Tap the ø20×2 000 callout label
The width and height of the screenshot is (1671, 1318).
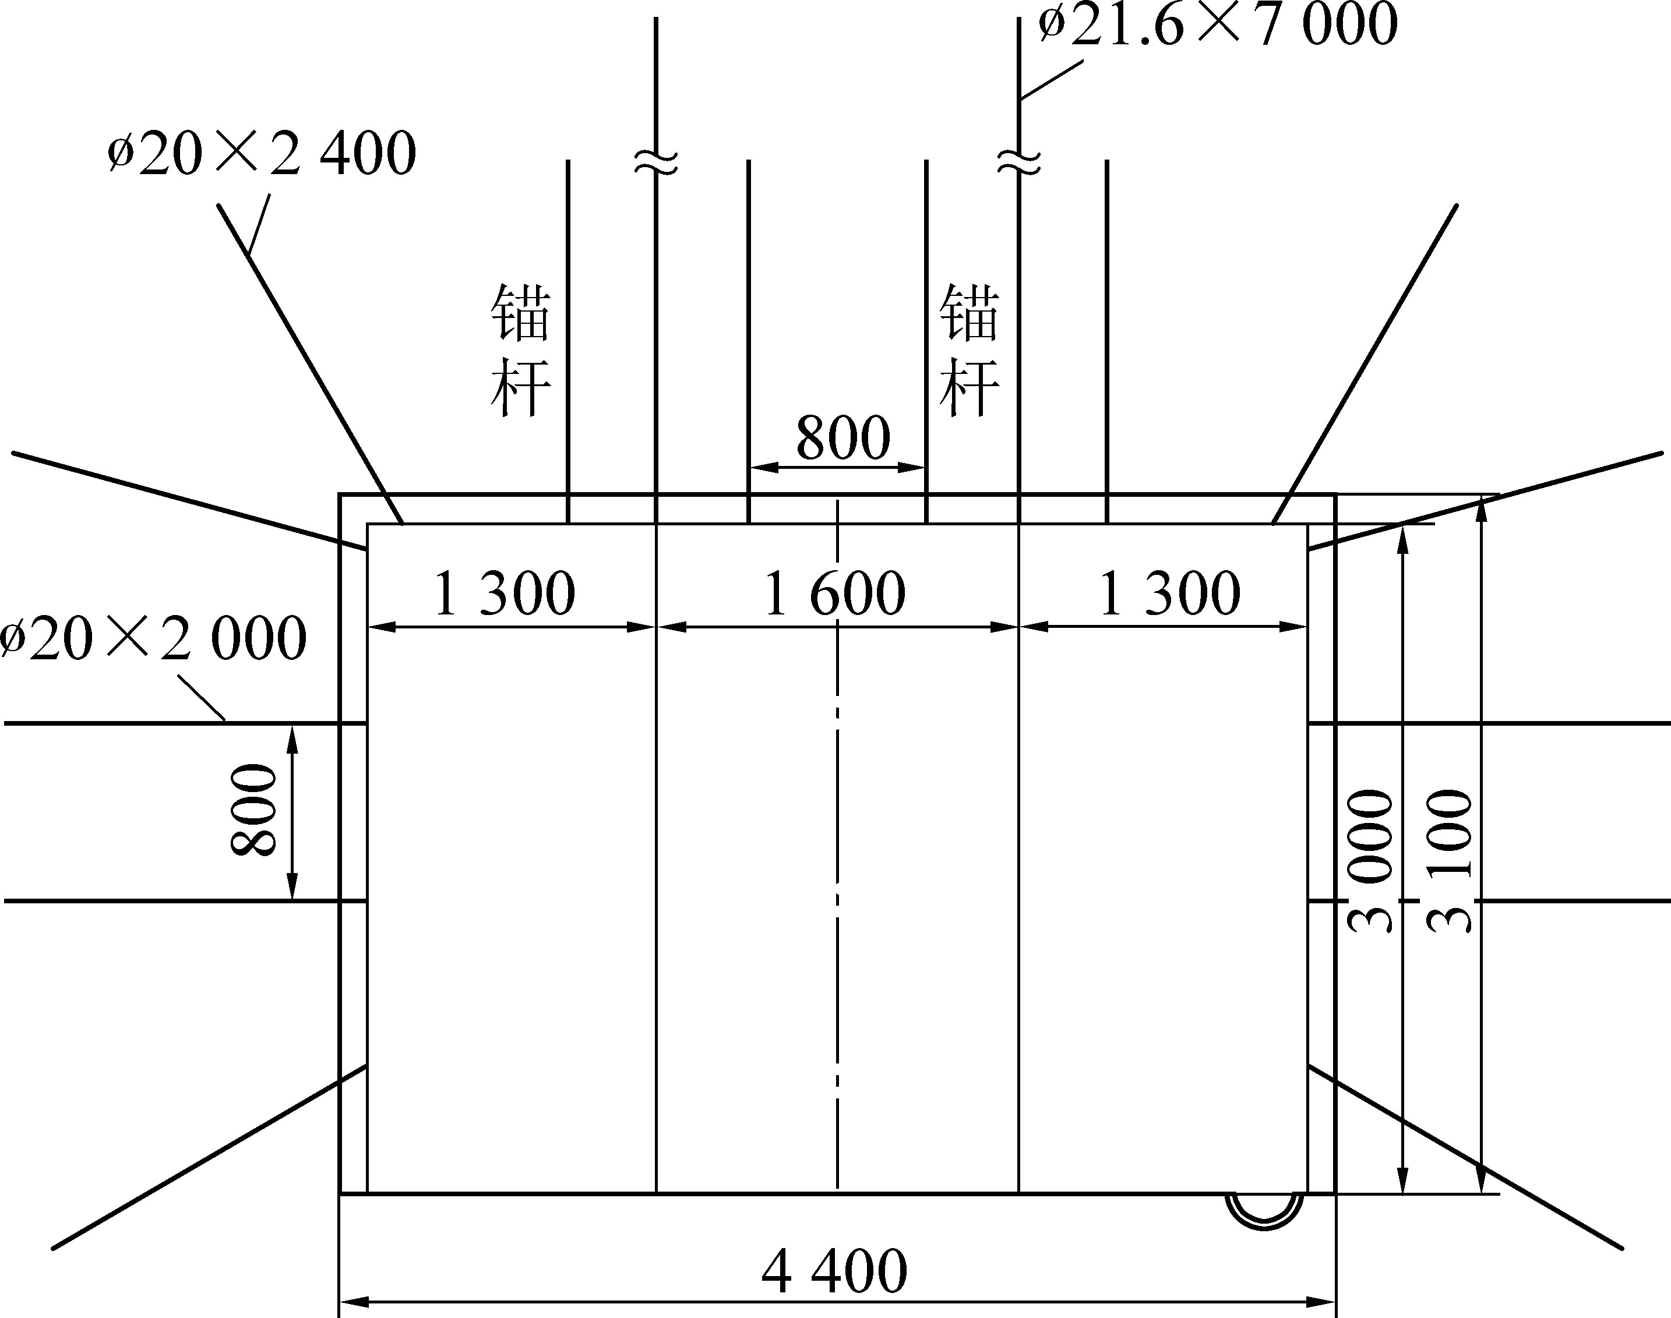coord(153,639)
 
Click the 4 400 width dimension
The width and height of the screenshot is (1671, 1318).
coord(834,1271)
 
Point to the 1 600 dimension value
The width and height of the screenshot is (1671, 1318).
coord(834,593)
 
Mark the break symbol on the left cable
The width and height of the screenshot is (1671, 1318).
coord(656,161)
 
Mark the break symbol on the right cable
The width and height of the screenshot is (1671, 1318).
coord(1019,161)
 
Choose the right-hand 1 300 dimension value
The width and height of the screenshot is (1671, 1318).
coord(1169,593)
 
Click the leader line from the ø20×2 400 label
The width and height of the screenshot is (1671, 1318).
coord(259,224)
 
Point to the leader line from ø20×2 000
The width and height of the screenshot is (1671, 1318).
coord(202,698)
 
